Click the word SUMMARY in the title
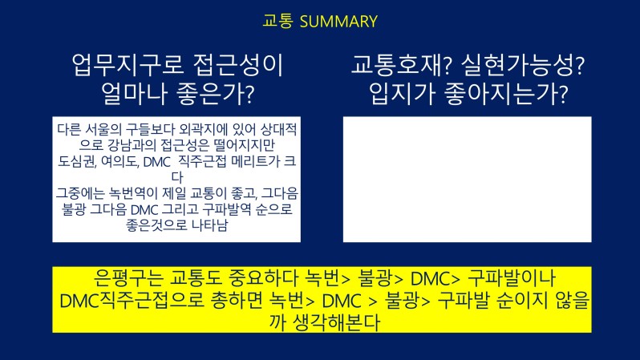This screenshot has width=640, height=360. pos(338,22)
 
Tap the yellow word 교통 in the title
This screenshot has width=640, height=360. pos(277,21)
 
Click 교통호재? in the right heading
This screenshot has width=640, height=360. pos(401,65)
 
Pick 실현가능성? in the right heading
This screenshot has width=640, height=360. pos(523,65)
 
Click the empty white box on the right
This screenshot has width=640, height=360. pos(467,179)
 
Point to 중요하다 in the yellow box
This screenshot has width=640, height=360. pos(258,278)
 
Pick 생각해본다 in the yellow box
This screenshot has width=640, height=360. pos(337,322)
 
